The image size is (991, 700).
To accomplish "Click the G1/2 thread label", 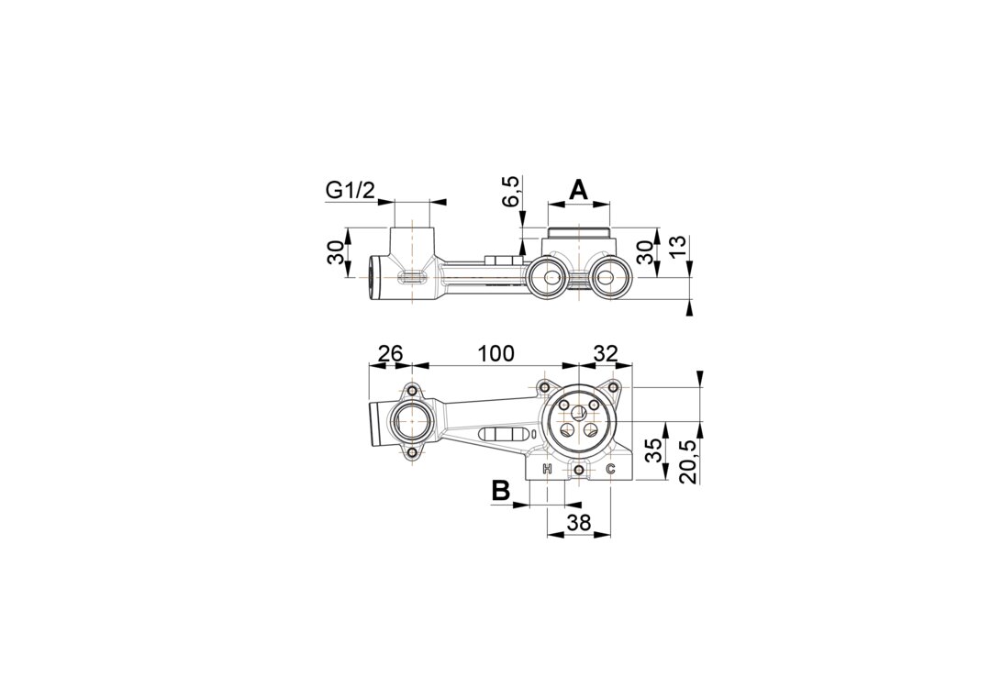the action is (x=350, y=190).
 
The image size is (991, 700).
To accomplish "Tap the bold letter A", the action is (x=579, y=189).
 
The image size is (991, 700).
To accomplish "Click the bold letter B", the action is (x=501, y=490).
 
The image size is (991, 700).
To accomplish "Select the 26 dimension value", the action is (x=390, y=353).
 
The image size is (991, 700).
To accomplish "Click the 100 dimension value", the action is (x=495, y=353).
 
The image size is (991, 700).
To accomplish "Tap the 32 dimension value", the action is (x=605, y=353).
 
